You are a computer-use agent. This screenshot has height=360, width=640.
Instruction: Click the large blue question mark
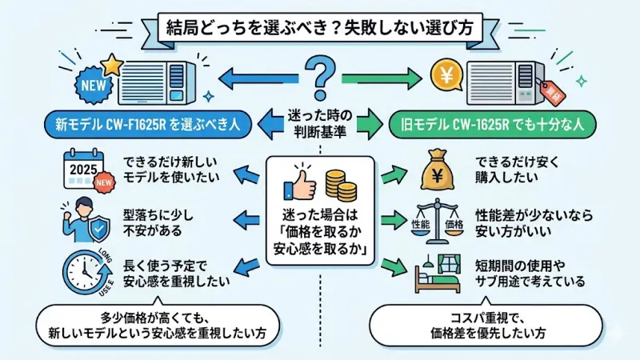click(x=320, y=78)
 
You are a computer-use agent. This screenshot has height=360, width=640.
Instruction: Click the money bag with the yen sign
click(x=438, y=170)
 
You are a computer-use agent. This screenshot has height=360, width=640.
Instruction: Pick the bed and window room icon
click(x=438, y=273)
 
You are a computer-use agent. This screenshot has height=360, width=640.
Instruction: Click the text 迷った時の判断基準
click(x=320, y=122)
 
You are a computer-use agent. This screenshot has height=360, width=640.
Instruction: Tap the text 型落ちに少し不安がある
click(x=152, y=222)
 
